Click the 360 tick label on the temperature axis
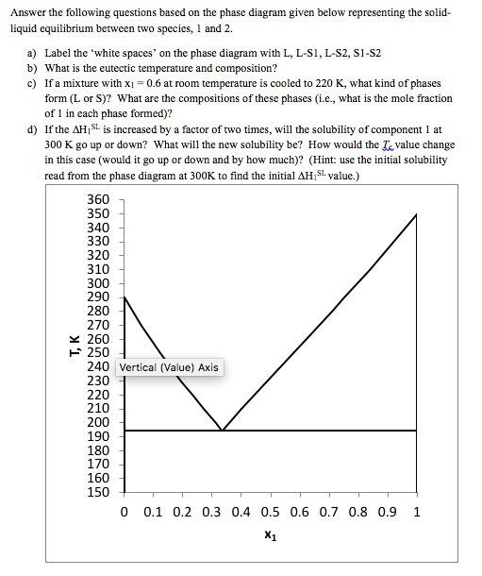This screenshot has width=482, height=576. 98,200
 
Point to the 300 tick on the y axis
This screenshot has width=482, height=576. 98,283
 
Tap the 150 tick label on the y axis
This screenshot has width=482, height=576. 98,491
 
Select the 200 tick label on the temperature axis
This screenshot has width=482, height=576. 98,422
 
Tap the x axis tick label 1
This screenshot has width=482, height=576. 417,514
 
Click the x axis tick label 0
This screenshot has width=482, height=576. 125,514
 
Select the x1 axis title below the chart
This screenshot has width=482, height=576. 271,534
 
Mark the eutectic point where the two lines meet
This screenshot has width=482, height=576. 222,430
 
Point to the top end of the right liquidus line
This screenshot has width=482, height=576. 416,215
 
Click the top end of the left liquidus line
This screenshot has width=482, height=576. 125,296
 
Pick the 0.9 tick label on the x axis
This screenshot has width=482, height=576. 388,514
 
